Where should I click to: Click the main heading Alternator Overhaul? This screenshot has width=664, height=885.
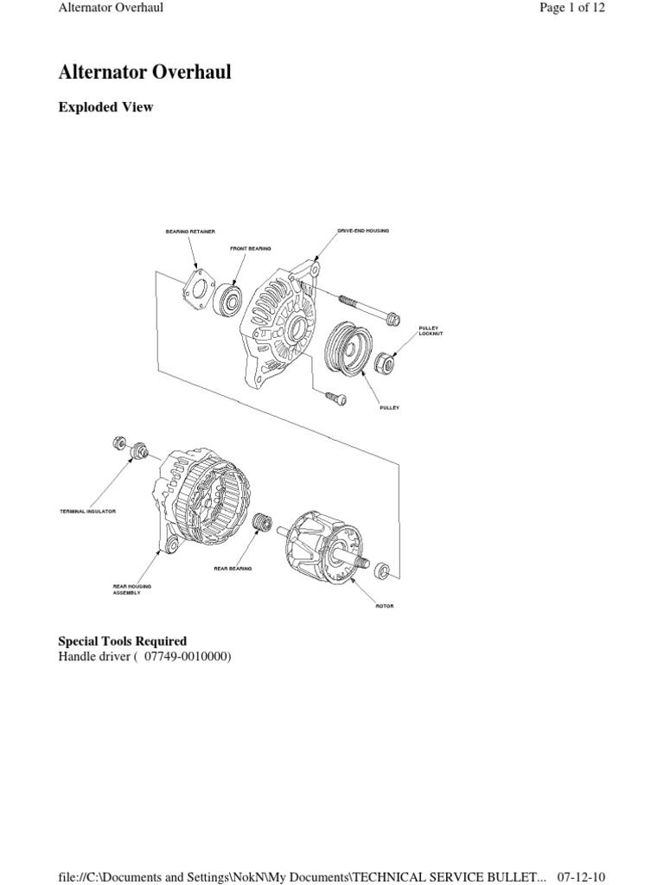[x=144, y=73]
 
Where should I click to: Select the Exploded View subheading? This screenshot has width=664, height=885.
[x=105, y=108]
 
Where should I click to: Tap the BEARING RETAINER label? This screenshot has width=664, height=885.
[x=190, y=232]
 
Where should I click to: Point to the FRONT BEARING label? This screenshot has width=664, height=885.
[x=250, y=248]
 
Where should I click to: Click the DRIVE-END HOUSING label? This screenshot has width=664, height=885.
[x=363, y=231]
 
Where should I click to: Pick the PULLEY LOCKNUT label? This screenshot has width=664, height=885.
[x=430, y=331]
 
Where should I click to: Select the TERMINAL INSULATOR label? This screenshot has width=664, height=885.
[x=87, y=512]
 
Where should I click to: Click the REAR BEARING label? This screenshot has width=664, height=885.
[x=233, y=569]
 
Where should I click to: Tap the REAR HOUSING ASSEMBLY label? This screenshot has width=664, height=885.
[x=132, y=589]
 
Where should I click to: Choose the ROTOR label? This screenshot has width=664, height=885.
[x=384, y=606]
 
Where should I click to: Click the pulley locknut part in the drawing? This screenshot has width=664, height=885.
[x=386, y=365]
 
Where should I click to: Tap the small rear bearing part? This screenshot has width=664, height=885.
[x=260, y=523]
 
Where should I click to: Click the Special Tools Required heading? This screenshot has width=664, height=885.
[x=122, y=641]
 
